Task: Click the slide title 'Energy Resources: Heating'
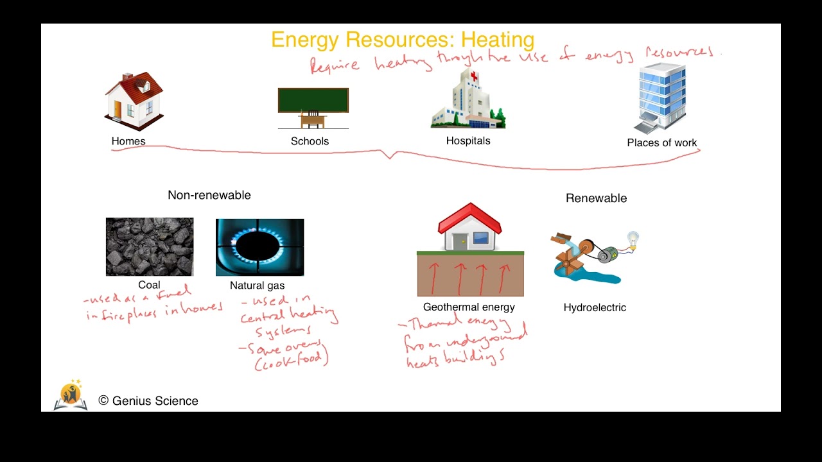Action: (x=403, y=40)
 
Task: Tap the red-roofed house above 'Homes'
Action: (x=134, y=101)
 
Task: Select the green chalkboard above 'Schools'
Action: (x=313, y=100)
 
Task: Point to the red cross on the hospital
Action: (x=475, y=77)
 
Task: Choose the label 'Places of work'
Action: (x=661, y=143)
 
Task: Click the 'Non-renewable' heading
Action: (x=209, y=195)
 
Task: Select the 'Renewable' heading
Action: (x=596, y=198)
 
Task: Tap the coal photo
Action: (x=150, y=247)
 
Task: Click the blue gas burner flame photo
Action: (x=259, y=247)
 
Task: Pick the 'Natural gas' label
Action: (x=257, y=286)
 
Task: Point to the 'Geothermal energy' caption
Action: (x=469, y=307)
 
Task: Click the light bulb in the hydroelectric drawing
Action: (x=633, y=239)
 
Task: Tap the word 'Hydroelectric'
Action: (x=595, y=307)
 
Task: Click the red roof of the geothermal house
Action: (x=469, y=218)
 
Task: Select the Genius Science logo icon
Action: (x=71, y=395)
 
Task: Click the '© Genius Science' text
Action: (x=148, y=401)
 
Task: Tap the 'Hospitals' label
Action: (x=468, y=141)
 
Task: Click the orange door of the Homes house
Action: (x=118, y=110)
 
